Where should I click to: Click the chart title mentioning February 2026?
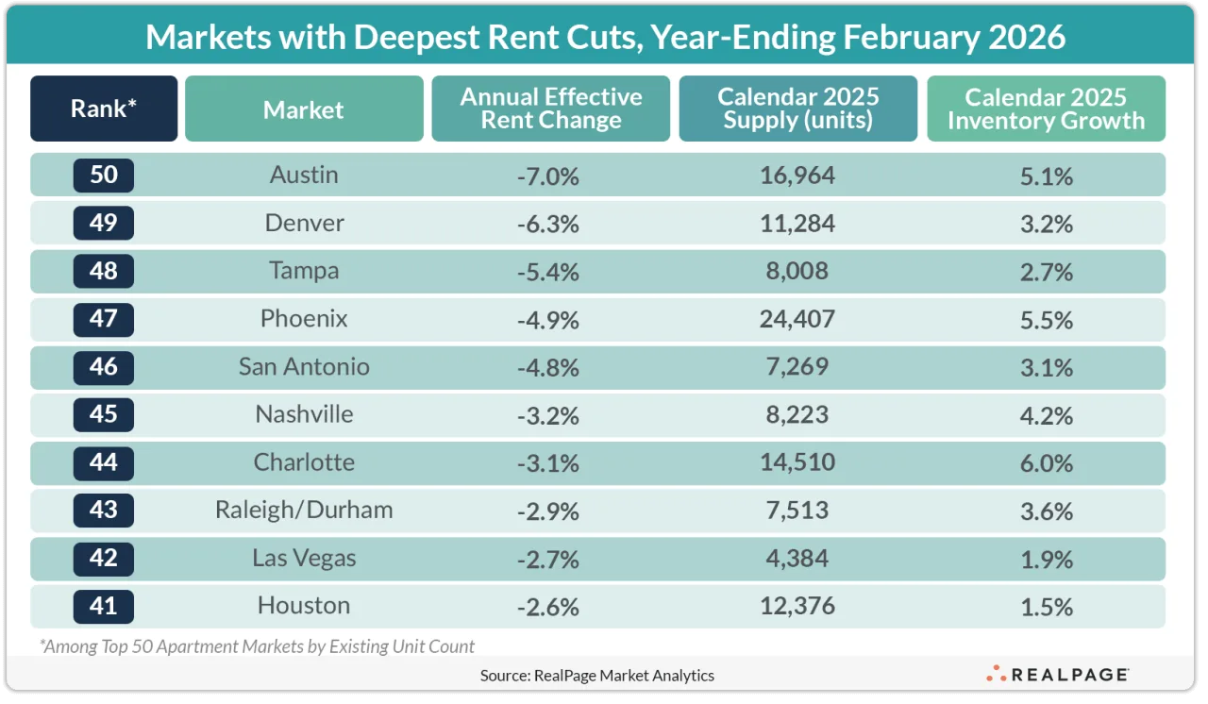pos(605,37)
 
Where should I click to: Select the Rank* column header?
pos(104,109)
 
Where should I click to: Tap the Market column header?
pos(304,109)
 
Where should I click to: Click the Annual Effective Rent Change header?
pos(551,109)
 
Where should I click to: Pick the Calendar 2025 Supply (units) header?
pos(797,109)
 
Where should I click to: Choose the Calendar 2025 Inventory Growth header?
pos(1046,109)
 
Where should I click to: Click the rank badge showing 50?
pos(104,176)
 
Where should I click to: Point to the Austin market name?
pos(304,176)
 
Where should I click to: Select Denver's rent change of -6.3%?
pos(548,224)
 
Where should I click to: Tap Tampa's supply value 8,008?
pos(797,272)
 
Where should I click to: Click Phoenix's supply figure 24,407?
pos(797,320)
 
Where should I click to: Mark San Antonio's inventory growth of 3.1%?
pos(1047,367)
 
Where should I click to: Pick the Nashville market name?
pos(304,415)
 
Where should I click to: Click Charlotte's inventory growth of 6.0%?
pos(1047,463)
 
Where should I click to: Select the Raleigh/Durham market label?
pos(304,511)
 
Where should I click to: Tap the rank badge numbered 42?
pos(104,559)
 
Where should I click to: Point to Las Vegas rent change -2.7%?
pos(548,559)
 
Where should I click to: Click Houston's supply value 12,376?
pos(797,606)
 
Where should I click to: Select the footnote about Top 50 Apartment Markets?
pos(257,646)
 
